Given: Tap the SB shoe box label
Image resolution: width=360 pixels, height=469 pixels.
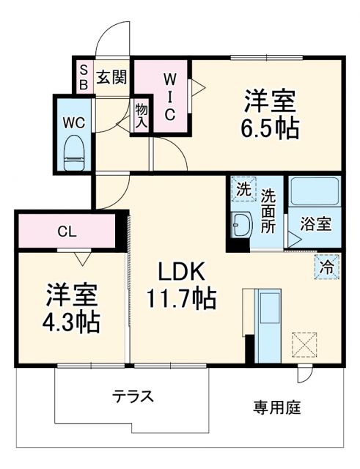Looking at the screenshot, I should tap(84, 77).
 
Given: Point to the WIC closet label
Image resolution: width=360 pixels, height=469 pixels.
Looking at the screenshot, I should tap(169, 95).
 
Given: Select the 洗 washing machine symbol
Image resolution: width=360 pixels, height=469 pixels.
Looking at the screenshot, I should tap(243, 188).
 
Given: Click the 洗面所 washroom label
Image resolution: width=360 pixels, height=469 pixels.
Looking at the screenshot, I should tap(268, 212).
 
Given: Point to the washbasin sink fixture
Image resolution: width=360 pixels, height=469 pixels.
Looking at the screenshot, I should tap(240, 225).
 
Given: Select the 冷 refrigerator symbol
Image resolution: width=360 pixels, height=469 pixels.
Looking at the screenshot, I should tap(328, 266).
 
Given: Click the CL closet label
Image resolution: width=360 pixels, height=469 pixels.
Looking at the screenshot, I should tap(67, 232).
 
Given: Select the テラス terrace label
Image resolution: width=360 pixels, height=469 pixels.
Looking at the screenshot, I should tap(133, 396).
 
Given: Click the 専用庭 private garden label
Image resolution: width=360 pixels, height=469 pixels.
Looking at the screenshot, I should tap(277, 407).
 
